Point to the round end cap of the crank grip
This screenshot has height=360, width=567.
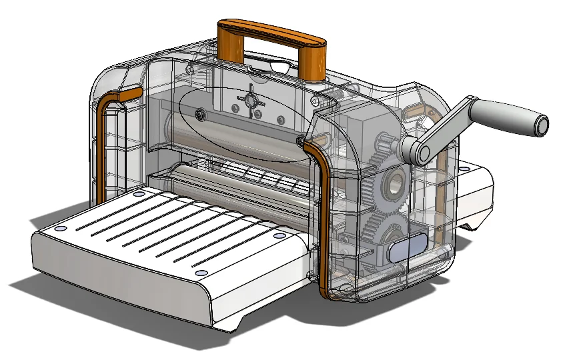point(542,124)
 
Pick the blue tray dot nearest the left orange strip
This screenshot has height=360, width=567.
point(138,194)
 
